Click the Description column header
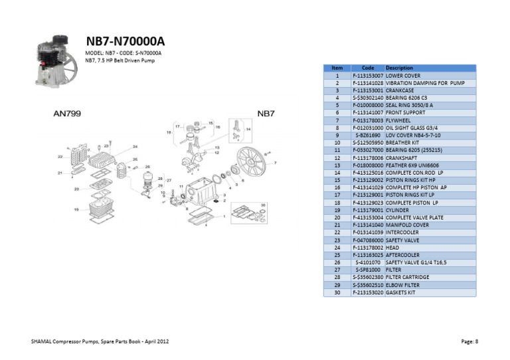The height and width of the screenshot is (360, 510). pos(399,68)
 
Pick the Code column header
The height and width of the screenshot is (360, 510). pos(368,68)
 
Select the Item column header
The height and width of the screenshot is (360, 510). pos(337,68)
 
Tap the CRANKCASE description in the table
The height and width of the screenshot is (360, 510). pos(400,90)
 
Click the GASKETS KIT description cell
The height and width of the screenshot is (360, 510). pos(402,292)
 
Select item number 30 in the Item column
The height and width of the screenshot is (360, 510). pos(337,292)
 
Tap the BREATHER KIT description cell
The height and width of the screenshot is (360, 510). pos(402,143)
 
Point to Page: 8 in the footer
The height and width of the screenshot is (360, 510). pos(469,341)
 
